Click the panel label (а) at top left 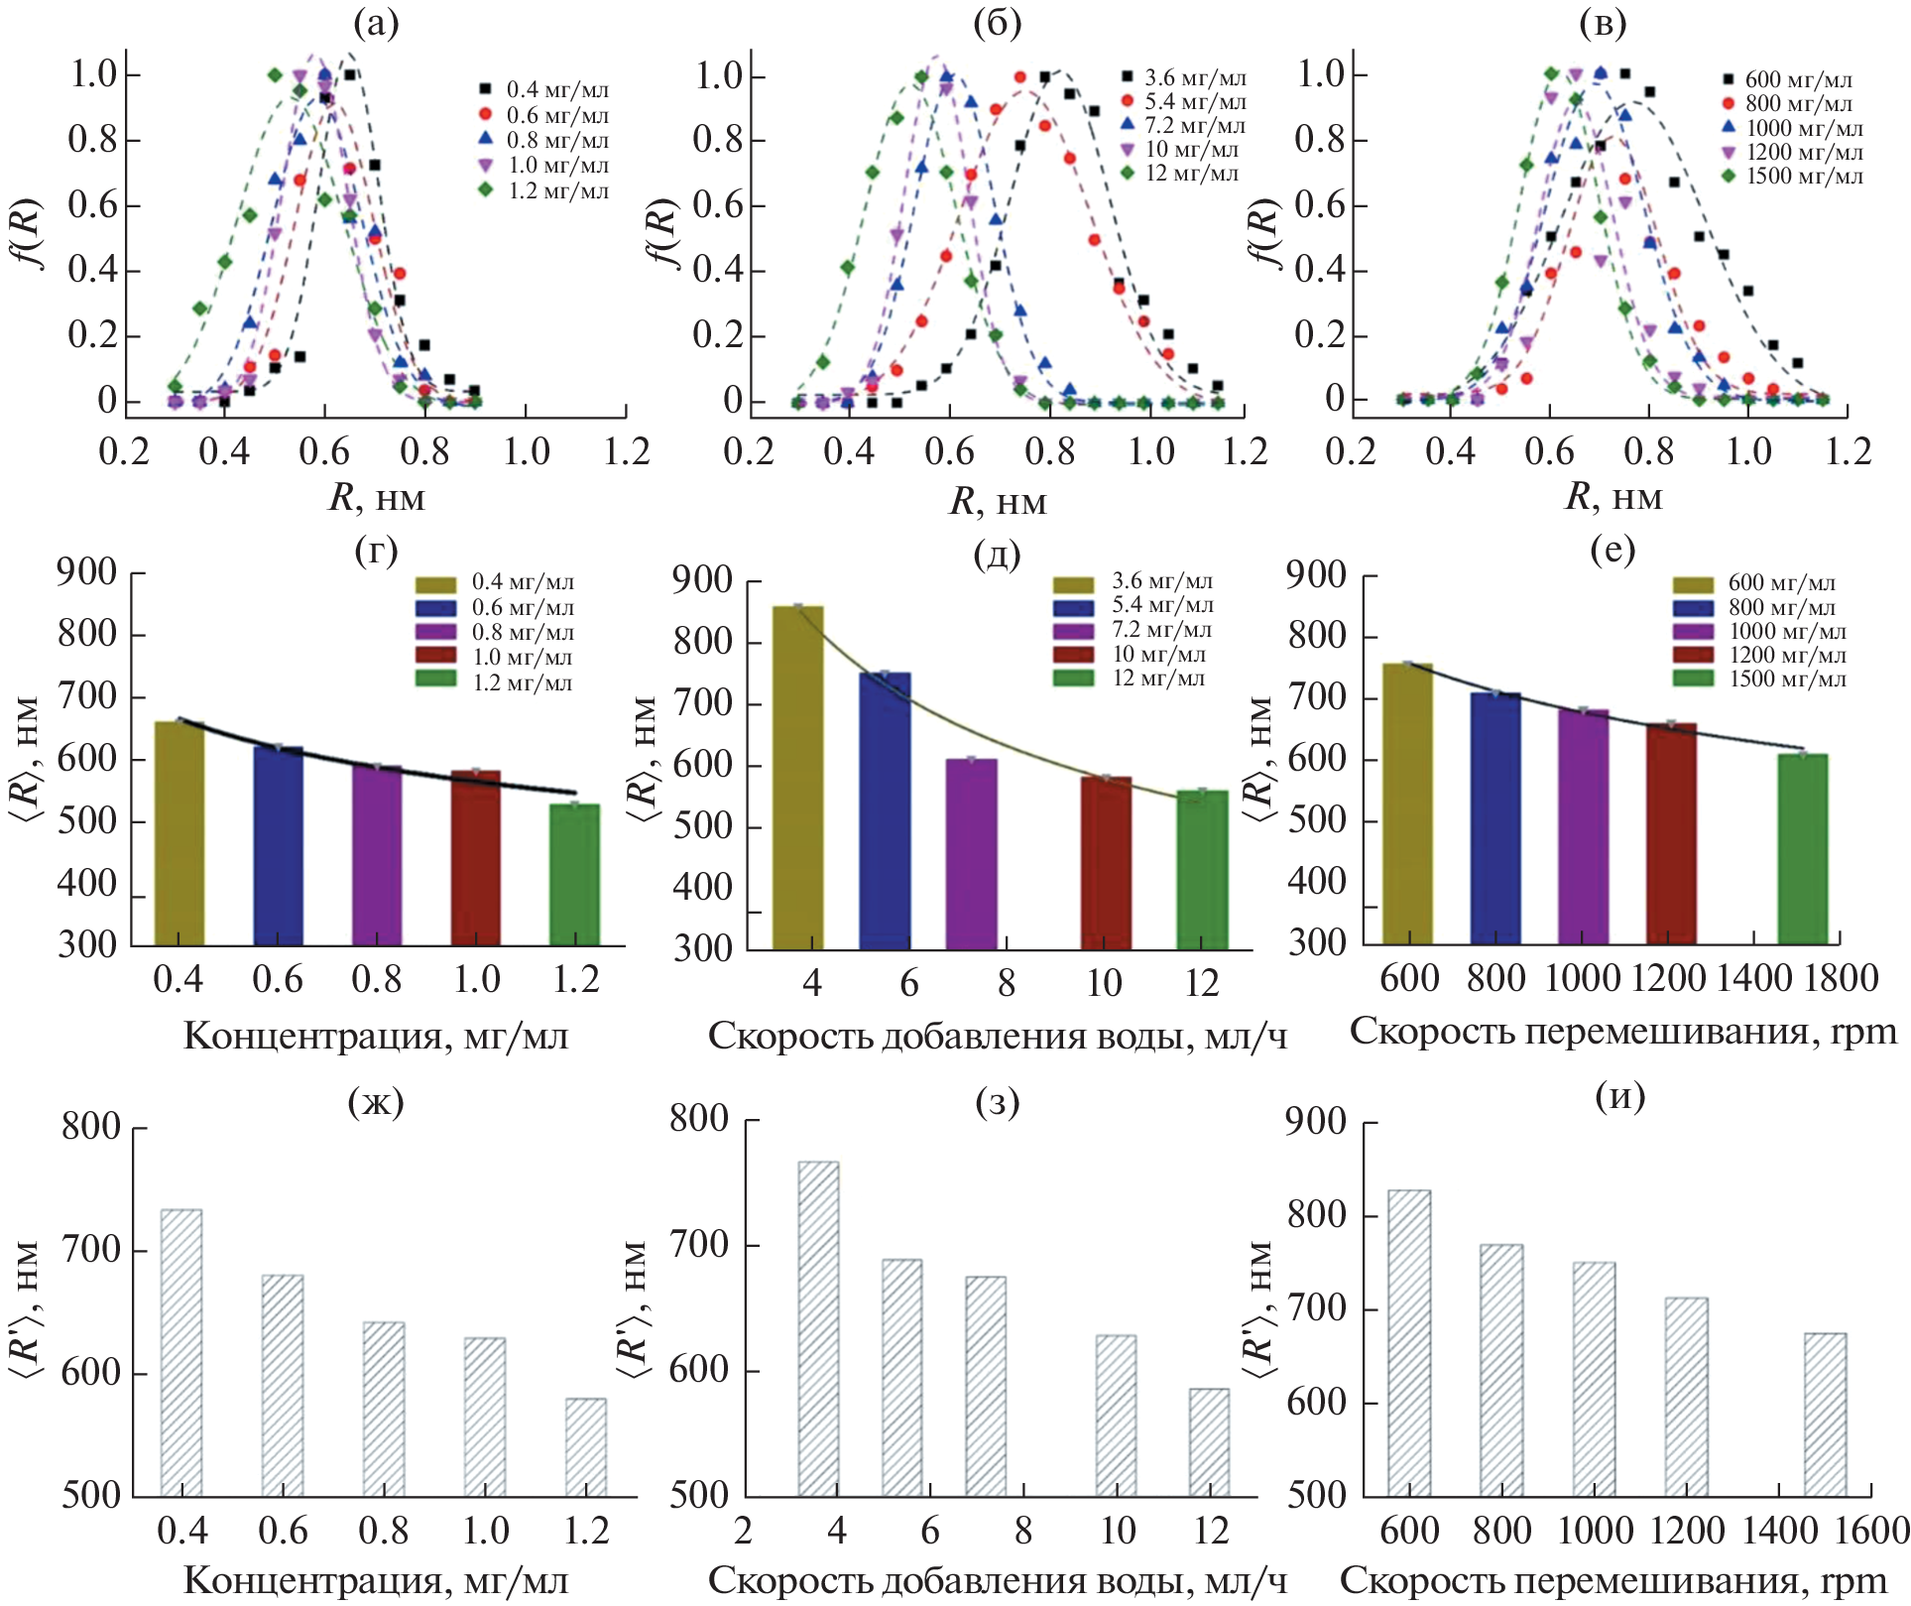point(376,22)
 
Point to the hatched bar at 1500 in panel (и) point(1825,1414)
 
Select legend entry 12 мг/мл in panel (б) point(1191,174)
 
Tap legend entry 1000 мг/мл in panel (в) point(1804,128)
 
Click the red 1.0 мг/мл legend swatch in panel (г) point(435,656)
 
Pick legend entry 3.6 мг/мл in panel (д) point(1161,581)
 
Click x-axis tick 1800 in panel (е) point(1841,979)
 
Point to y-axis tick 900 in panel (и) point(1316,1122)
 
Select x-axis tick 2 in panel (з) point(744,1531)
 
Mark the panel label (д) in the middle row point(997,553)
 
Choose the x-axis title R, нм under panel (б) point(998,500)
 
